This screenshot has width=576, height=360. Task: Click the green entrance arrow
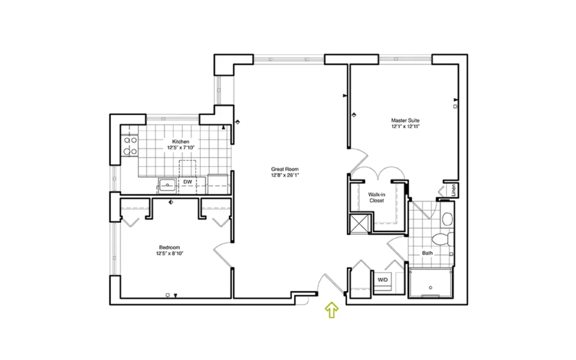coord(332,310)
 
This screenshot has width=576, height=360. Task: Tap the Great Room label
coord(285,169)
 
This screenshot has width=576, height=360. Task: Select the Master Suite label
coord(405,120)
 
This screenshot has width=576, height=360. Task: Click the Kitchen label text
coord(181,141)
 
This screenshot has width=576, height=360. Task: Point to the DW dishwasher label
coord(188,182)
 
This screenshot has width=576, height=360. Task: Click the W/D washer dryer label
coord(382,280)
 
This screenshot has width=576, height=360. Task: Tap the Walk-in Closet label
coord(376,197)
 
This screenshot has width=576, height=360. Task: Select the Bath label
coord(427,253)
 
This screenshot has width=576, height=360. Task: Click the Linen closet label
coord(454,190)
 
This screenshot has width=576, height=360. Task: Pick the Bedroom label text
coord(169,247)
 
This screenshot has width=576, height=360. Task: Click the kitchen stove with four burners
coord(130,146)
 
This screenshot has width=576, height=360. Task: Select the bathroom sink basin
coord(447,219)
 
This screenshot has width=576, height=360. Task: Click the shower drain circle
coord(430,287)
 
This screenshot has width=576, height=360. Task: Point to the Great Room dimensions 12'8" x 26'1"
coord(285,175)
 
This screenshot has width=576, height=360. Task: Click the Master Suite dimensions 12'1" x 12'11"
coord(405,127)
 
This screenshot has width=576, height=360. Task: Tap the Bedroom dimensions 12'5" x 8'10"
coord(169,254)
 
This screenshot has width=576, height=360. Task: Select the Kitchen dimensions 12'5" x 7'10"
coord(181,148)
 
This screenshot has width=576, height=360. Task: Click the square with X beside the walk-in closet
coord(360,223)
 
